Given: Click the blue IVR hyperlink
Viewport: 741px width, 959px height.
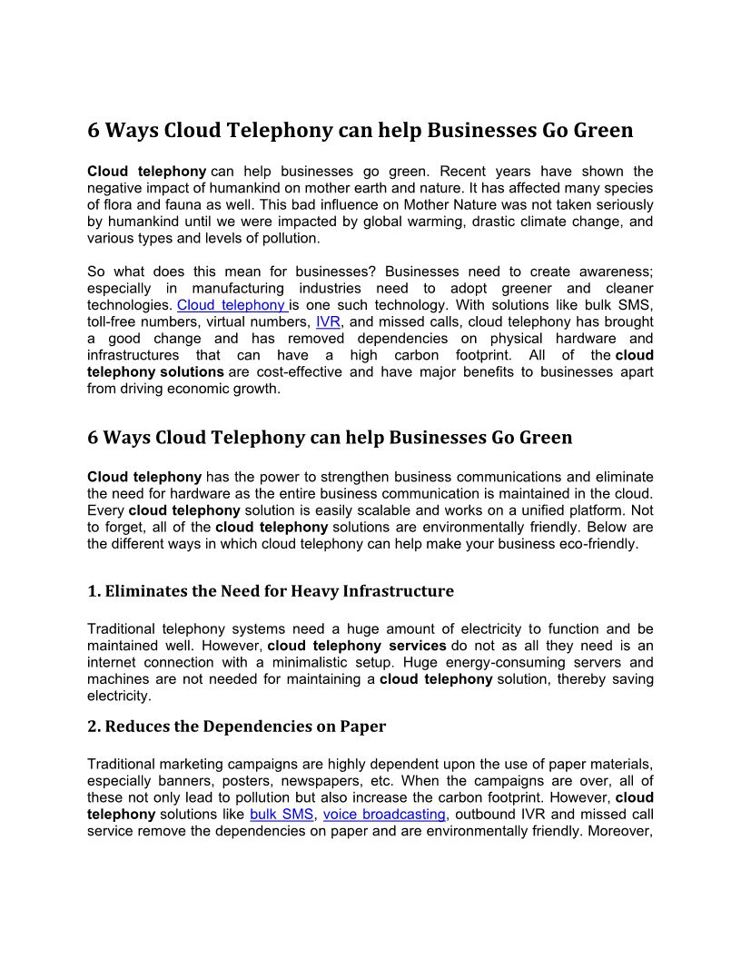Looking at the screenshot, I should (328, 322).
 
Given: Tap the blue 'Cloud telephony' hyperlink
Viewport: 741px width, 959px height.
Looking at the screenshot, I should (232, 305).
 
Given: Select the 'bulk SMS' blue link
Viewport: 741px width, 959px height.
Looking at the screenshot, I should (282, 815).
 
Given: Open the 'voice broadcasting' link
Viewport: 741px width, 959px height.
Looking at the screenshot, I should (384, 815).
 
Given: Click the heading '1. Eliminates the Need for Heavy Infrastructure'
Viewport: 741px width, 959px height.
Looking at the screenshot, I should (271, 591).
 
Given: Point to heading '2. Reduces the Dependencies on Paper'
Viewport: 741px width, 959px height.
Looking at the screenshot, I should (236, 727).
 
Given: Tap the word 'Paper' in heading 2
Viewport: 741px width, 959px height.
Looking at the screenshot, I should (363, 727).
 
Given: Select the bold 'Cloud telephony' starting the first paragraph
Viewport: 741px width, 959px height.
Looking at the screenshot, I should (146, 172).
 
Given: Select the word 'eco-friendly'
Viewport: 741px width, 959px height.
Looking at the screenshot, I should (599, 544).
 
